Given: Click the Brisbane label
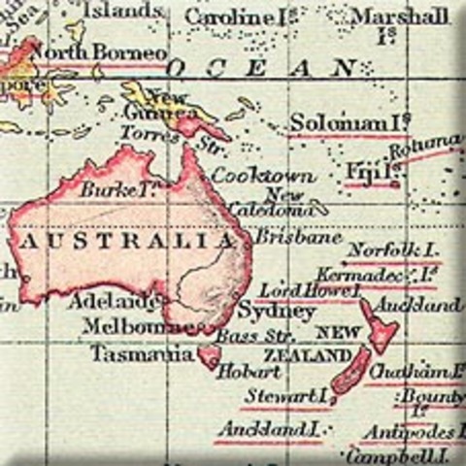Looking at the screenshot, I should (284, 237).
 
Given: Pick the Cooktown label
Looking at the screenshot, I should (250, 176).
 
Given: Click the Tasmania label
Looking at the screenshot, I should (142, 354).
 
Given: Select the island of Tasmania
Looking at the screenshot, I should (209, 356).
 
